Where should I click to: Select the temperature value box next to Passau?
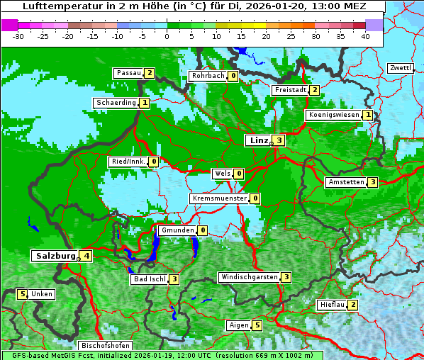[x=149, y=73]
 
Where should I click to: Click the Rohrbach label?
[x=208, y=76]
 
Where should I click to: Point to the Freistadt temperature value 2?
[x=314, y=90]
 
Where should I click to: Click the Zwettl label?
[x=400, y=68]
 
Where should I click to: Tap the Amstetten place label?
[x=346, y=182]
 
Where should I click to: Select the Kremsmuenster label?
[x=219, y=198]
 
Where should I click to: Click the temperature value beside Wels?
[x=239, y=174]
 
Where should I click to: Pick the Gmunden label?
[x=177, y=230]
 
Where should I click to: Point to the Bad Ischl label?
[x=149, y=279]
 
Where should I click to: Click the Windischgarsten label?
[x=248, y=277]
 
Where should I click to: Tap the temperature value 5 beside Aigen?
[x=257, y=325]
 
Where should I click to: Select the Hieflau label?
[x=332, y=305]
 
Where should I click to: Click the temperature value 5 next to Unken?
[x=22, y=294]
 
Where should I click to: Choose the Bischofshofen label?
[x=106, y=346]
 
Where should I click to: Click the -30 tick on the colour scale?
[x=18, y=36]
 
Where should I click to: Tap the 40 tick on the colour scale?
[x=365, y=36]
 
